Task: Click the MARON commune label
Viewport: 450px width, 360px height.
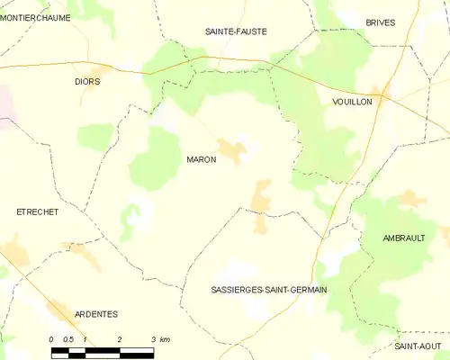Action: [201, 159]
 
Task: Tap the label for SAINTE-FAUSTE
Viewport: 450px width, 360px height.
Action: [237, 31]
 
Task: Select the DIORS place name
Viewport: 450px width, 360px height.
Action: [87, 81]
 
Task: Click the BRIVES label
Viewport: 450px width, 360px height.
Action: [381, 22]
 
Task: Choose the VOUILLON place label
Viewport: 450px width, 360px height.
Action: [351, 103]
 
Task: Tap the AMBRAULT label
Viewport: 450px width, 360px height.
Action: [403, 238]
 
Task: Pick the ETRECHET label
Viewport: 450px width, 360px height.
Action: [38, 211]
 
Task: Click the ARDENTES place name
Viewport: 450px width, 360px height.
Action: [95, 314]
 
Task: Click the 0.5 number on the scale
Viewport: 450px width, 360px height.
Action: [68, 339]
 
